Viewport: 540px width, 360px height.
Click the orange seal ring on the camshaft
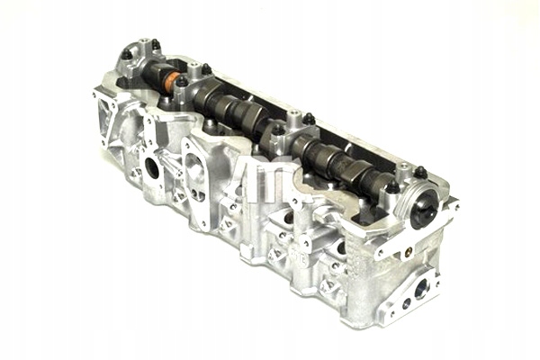point(167,81)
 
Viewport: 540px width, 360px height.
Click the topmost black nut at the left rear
point(156,44)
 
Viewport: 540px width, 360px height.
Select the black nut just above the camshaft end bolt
point(420,172)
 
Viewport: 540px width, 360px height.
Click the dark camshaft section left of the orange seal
point(148,73)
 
